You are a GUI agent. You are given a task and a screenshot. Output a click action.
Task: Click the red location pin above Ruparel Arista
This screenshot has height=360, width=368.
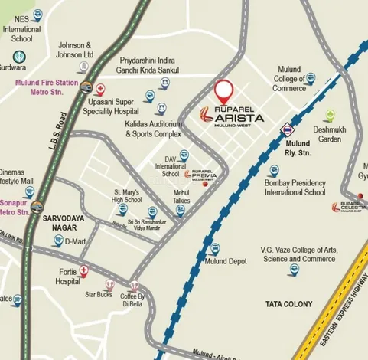tap(223, 92)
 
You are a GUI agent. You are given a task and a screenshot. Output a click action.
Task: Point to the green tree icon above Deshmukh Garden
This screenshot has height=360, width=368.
tap(329, 116)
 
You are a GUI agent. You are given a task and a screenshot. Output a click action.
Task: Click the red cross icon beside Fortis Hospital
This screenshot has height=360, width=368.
tap(83, 270)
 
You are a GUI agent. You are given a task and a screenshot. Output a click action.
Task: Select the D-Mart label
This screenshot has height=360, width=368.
tap(78, 242)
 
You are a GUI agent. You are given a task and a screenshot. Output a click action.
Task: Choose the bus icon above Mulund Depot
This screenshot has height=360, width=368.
tap(216, 248)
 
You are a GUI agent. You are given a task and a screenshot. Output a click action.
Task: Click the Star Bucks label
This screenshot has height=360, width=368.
tap(99, 293)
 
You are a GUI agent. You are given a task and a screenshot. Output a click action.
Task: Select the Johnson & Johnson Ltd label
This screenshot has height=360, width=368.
tap(75, 51)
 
